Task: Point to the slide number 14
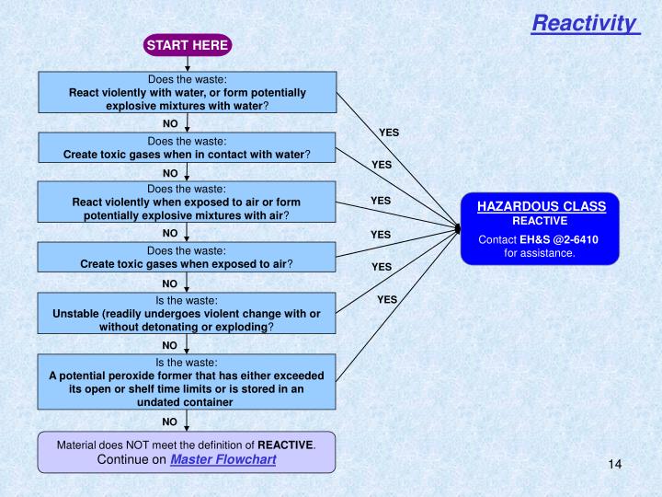coord(615,463)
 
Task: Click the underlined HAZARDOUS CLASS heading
coord(541,206)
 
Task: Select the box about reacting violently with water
coord(187,92)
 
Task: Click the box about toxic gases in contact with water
coord(187,147)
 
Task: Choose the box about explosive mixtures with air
coord(187,202)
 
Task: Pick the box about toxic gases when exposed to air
coord(187,257)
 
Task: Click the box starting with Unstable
coord(187,313)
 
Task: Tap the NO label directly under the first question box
coord(170,122)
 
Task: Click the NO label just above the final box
coord(170,422)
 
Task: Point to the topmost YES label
coord(389,133)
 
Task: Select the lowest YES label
coord(387,299)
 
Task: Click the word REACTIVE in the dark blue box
coord(540,221)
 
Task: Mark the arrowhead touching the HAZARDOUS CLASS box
coord(457,227)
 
